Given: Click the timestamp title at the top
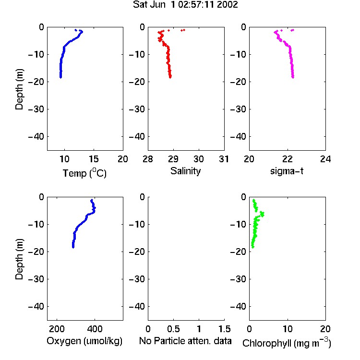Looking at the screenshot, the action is point(185,5).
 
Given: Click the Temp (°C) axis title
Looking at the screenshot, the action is point(84,173).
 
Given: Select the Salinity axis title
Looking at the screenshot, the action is point(185,171).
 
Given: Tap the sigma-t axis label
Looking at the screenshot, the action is point(287,171).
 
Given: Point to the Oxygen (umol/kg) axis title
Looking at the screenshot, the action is point(84,341).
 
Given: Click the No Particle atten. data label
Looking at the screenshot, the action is point(185,341).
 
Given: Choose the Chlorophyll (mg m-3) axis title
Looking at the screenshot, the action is point(287,343).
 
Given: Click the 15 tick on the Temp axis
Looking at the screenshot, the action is point(94,159).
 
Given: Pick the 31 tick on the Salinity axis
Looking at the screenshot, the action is point(224,159).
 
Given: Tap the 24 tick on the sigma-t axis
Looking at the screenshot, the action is point(325,159).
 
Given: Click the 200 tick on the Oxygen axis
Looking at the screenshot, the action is point(57,329).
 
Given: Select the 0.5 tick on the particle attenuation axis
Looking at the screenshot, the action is point(173,329).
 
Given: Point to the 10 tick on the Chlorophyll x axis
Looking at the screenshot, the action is point(288,329).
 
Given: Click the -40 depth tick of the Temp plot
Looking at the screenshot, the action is point(36,137).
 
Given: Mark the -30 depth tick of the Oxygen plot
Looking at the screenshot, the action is point(36,279).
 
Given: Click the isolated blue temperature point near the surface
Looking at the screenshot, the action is point(76,30).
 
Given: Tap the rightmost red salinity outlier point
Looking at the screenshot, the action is point(184,30).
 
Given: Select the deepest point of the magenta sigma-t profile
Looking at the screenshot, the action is point(293,77).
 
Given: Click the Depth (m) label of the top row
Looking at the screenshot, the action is point(19,89).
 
